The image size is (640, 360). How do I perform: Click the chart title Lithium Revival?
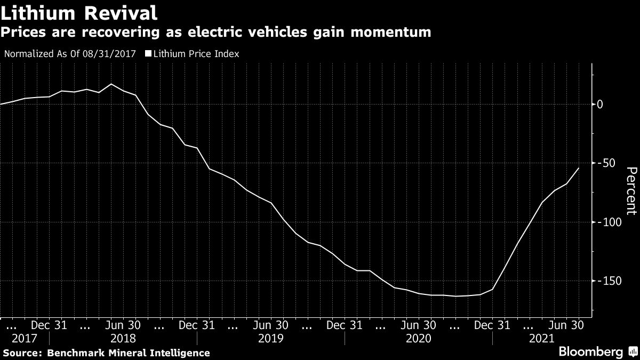point(79,12)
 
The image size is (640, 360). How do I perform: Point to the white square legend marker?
point(149,54)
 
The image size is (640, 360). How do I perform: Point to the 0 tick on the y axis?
point(600,104)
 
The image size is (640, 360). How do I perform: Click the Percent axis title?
point(631,191)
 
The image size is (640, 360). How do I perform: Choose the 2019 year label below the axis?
point(270,338)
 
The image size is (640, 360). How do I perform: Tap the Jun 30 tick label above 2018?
point(123,324)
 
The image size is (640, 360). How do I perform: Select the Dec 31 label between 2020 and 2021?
point(493,324)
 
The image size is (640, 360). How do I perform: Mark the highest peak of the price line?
point(111,84)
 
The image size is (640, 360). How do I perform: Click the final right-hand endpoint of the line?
point(579,168)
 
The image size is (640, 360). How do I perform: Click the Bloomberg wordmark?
point(590,352)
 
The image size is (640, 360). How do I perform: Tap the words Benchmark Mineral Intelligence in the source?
point(128,353)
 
